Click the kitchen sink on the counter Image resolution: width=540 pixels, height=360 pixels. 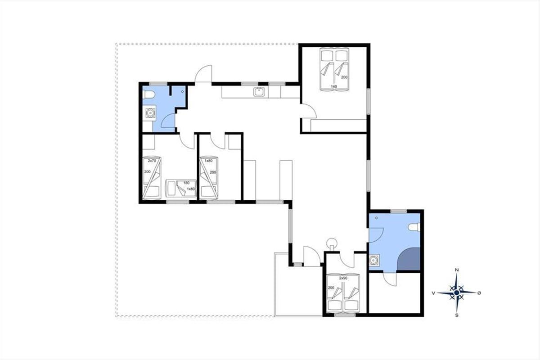(x=259, y=92)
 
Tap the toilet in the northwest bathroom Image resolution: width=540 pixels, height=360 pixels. (x=148, y=95)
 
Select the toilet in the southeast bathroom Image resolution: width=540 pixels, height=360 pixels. (x=414, y=227)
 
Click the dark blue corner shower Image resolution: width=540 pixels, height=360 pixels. (x=409, y=259)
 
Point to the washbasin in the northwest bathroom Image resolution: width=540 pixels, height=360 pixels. (x=150, y=112)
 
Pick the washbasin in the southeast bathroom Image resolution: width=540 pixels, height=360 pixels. (x=374, y=260)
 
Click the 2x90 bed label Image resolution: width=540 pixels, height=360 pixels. (x=343, y=278)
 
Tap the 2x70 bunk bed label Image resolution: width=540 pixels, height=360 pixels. (x=152, y=161)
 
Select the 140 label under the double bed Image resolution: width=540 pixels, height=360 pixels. (x=334, y=86)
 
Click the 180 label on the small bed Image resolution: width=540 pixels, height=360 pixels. (x=186, y=183)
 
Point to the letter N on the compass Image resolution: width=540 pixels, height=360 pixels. (x=456, y=270)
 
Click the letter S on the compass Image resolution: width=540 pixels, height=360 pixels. (x=457, y=315)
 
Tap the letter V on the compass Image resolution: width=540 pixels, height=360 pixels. (x=433, y=293)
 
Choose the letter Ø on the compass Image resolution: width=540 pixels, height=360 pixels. (x=479, y=293)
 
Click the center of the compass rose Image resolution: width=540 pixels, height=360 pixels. (x=456, y=293)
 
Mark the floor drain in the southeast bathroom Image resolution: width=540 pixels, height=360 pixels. (x=376, y=218)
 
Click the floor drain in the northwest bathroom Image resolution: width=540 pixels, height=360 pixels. (x=183, y=91)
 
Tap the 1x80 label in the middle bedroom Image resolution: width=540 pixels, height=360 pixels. (x=208, y=161)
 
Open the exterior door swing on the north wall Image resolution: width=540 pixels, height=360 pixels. (x=203, y=74)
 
